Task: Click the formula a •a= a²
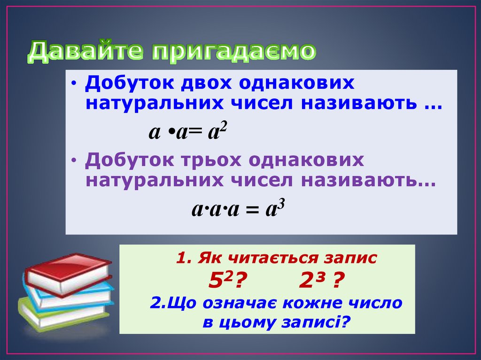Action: [x=188, y=133]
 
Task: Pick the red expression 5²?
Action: [x=223, y=282]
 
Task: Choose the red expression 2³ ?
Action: [x=319, y=282]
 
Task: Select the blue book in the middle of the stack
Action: [x=70, y=296]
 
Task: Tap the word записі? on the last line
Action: [x=318, y=322]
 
